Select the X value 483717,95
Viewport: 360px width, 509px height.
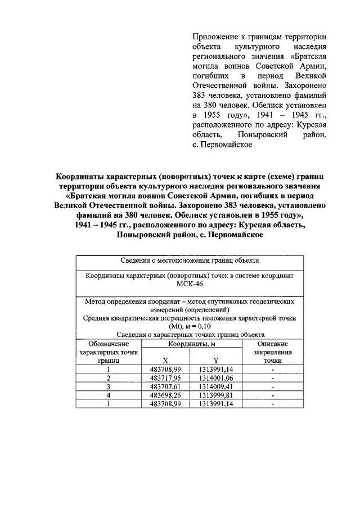pos(166,378)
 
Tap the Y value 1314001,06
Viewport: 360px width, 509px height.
pos(215,378)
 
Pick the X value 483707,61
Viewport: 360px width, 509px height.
pos(166,386)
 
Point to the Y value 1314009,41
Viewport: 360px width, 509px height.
pos(215,386)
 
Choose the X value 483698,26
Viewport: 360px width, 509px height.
pos(166,395)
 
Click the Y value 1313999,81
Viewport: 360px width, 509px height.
pos(215,395)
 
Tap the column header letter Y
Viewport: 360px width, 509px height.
pos(215,360)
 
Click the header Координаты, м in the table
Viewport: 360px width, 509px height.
pos(191,343)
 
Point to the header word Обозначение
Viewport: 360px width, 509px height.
pos(109,343)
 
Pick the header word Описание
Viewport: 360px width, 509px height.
pos(273,343)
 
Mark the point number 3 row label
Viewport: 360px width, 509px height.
pos(109,386)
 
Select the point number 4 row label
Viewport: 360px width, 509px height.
pos(109,395)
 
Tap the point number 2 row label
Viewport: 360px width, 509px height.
pos(109,378)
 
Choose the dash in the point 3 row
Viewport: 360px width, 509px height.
pos(273,386)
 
